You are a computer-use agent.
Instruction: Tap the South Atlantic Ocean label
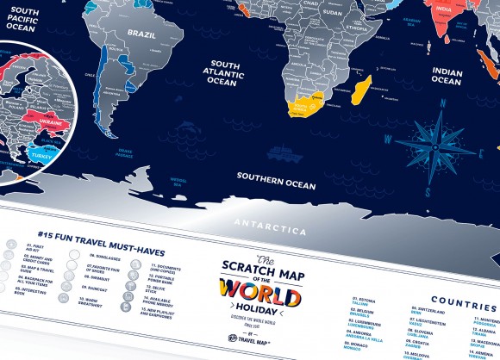point(238,72)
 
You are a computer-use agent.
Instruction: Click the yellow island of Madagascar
point(362,88)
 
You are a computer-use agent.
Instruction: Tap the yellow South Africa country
point(307,105)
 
